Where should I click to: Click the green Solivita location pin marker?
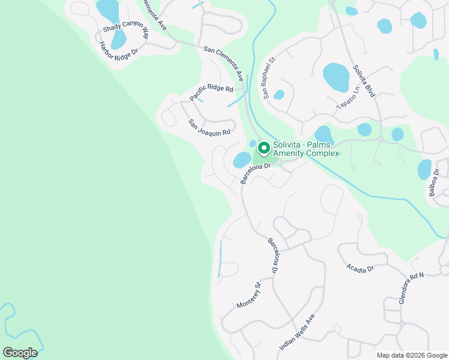point(263,148)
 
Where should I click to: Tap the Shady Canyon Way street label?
point(125,31)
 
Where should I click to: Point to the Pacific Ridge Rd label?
point(211,92)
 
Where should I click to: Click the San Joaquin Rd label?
point(209,127)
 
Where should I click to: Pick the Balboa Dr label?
point(436,185)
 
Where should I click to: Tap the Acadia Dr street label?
point(360,268)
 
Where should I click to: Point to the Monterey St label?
point(249,295)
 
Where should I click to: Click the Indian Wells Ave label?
point(297,332)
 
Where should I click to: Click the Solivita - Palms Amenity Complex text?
point(306,149)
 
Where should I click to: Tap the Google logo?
point(19,352)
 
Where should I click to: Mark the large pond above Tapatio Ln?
point(336,77)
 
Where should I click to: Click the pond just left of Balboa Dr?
point(424,169)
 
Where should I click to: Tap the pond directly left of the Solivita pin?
point(242,160)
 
